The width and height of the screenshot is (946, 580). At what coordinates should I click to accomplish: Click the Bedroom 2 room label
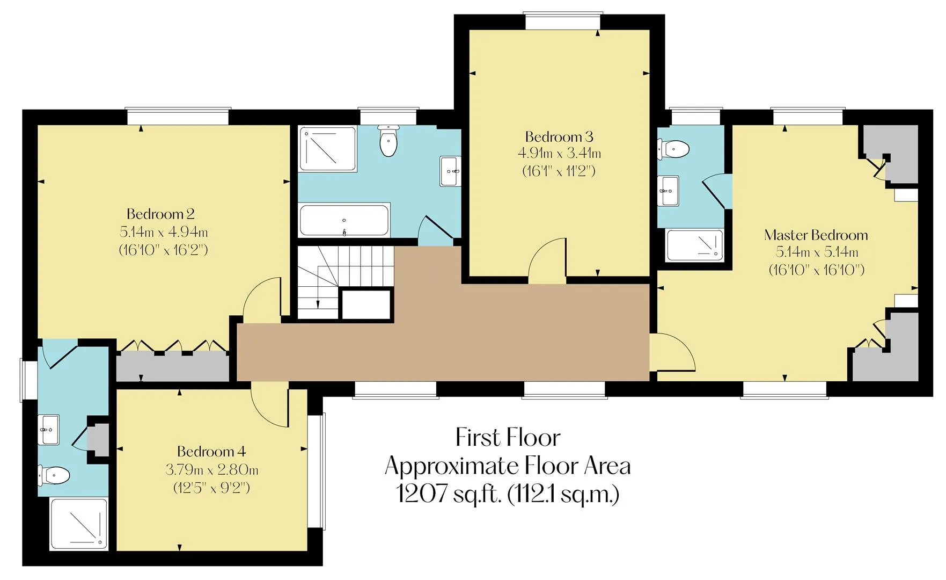(x=160, y=214)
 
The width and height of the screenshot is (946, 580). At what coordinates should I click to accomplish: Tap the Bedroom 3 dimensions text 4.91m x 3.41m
(x=559, y=154)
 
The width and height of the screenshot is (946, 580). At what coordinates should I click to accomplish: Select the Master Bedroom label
(x=816, y=235)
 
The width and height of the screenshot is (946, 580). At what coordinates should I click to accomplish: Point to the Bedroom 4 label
(x=211, y=451)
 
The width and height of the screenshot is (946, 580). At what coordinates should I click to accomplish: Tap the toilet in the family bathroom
(x=388, y=140)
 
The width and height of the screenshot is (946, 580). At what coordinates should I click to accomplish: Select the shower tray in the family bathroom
(x=328, y=149)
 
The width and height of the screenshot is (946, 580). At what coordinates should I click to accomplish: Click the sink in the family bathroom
(x=451, y=171)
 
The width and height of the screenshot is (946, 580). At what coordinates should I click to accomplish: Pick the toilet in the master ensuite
(x=673, y=149)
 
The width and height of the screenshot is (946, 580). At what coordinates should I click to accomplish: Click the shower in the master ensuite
(x=695, y=245)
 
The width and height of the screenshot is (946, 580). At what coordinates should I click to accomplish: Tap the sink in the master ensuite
(x=669, y=191)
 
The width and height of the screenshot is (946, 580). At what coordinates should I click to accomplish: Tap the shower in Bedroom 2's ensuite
(x=79, y=524)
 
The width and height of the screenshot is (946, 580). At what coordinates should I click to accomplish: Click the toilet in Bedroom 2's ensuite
(x=54, y=475)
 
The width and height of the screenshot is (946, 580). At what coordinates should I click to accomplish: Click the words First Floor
(x=508, y=438)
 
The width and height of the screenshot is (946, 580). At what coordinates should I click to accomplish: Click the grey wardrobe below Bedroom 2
(x=173, y=366)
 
